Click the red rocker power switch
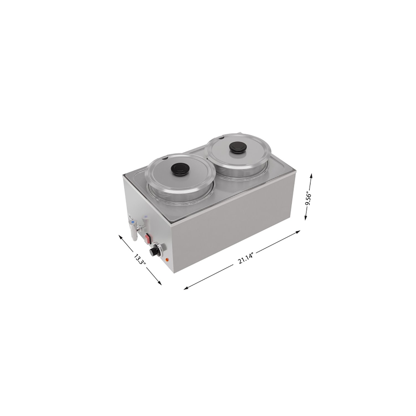(147, 237)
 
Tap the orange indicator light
(167, 260)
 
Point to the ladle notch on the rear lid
(221, 138)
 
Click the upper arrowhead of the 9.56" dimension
(311, 175)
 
